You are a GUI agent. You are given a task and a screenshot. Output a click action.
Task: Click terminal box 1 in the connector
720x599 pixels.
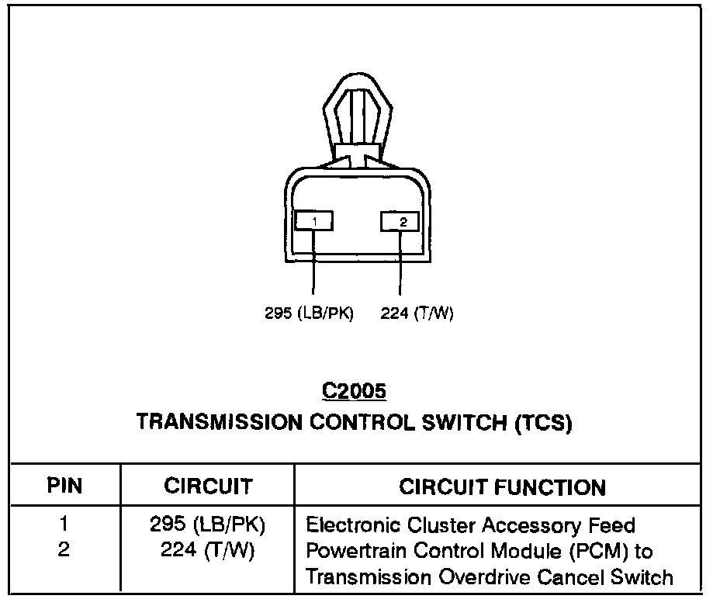(x=314, y=222)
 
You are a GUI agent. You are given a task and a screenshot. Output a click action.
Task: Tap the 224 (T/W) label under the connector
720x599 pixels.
(x=417, y=314)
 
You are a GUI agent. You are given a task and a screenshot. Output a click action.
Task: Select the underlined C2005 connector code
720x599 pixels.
(x=354, y=392)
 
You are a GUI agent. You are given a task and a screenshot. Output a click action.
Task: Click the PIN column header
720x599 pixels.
(x=64, y=486)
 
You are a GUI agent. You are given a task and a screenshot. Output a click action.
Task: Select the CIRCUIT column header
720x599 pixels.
(x=208, y=486)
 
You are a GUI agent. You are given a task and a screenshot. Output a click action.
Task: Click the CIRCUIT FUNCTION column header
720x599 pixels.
(x=502, y=487)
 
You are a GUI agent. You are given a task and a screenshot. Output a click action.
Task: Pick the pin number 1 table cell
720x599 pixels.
(x=64, y=525)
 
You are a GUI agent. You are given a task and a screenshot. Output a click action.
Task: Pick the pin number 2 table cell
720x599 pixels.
(x=64, y=550)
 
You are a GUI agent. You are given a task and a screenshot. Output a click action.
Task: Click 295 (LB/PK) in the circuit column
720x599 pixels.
(x=208, y=525)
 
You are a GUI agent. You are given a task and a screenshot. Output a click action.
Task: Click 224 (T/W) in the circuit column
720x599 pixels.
(x=208, y=550)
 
